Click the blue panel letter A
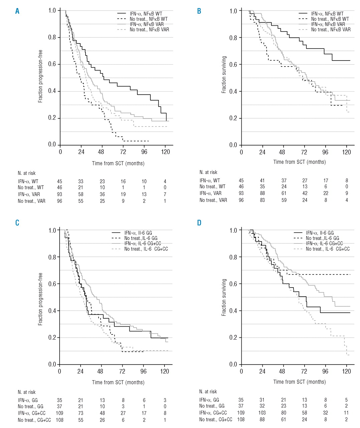click(17, 11)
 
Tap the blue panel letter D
click(199, 223)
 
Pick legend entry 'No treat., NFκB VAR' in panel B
click(331, 30)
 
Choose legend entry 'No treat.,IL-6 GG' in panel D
click(322, 238)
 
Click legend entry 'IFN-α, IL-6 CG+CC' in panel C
click(143, 243)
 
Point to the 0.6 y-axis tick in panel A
click(52, 64)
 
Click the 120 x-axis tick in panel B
click(346, 152)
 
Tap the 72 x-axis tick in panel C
click(122, 371)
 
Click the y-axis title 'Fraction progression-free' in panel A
click(40, 76)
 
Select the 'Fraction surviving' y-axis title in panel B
click(224, 75)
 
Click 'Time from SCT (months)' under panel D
click(299, 382)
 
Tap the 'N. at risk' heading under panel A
click(27, 173)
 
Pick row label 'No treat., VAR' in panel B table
click(213, 200)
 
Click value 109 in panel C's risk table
click(59, 413)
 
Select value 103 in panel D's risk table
click(262, 413)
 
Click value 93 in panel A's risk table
click(59, 194)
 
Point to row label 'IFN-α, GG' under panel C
click(28, 400)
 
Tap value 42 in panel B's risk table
click(304, 193)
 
